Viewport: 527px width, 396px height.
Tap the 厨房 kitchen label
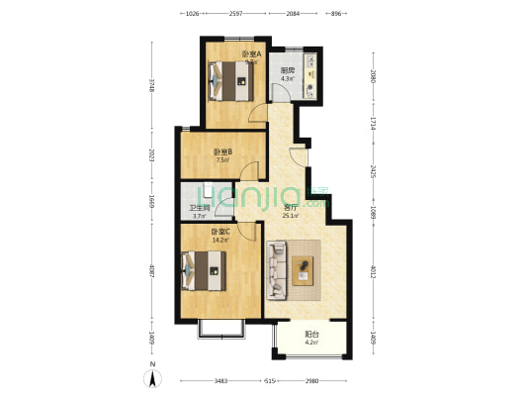(x=288, y=69)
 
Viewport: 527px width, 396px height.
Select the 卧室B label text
(x=222, y=151)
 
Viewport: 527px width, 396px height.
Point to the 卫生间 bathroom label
(x=198, y=208)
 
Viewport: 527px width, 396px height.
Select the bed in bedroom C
(x=204, y=268)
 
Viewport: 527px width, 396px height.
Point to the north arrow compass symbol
(x=154, y=378)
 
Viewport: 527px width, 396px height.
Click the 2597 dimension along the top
(x=236, y=15)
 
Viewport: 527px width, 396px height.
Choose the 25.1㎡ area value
(x=290, y=217)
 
